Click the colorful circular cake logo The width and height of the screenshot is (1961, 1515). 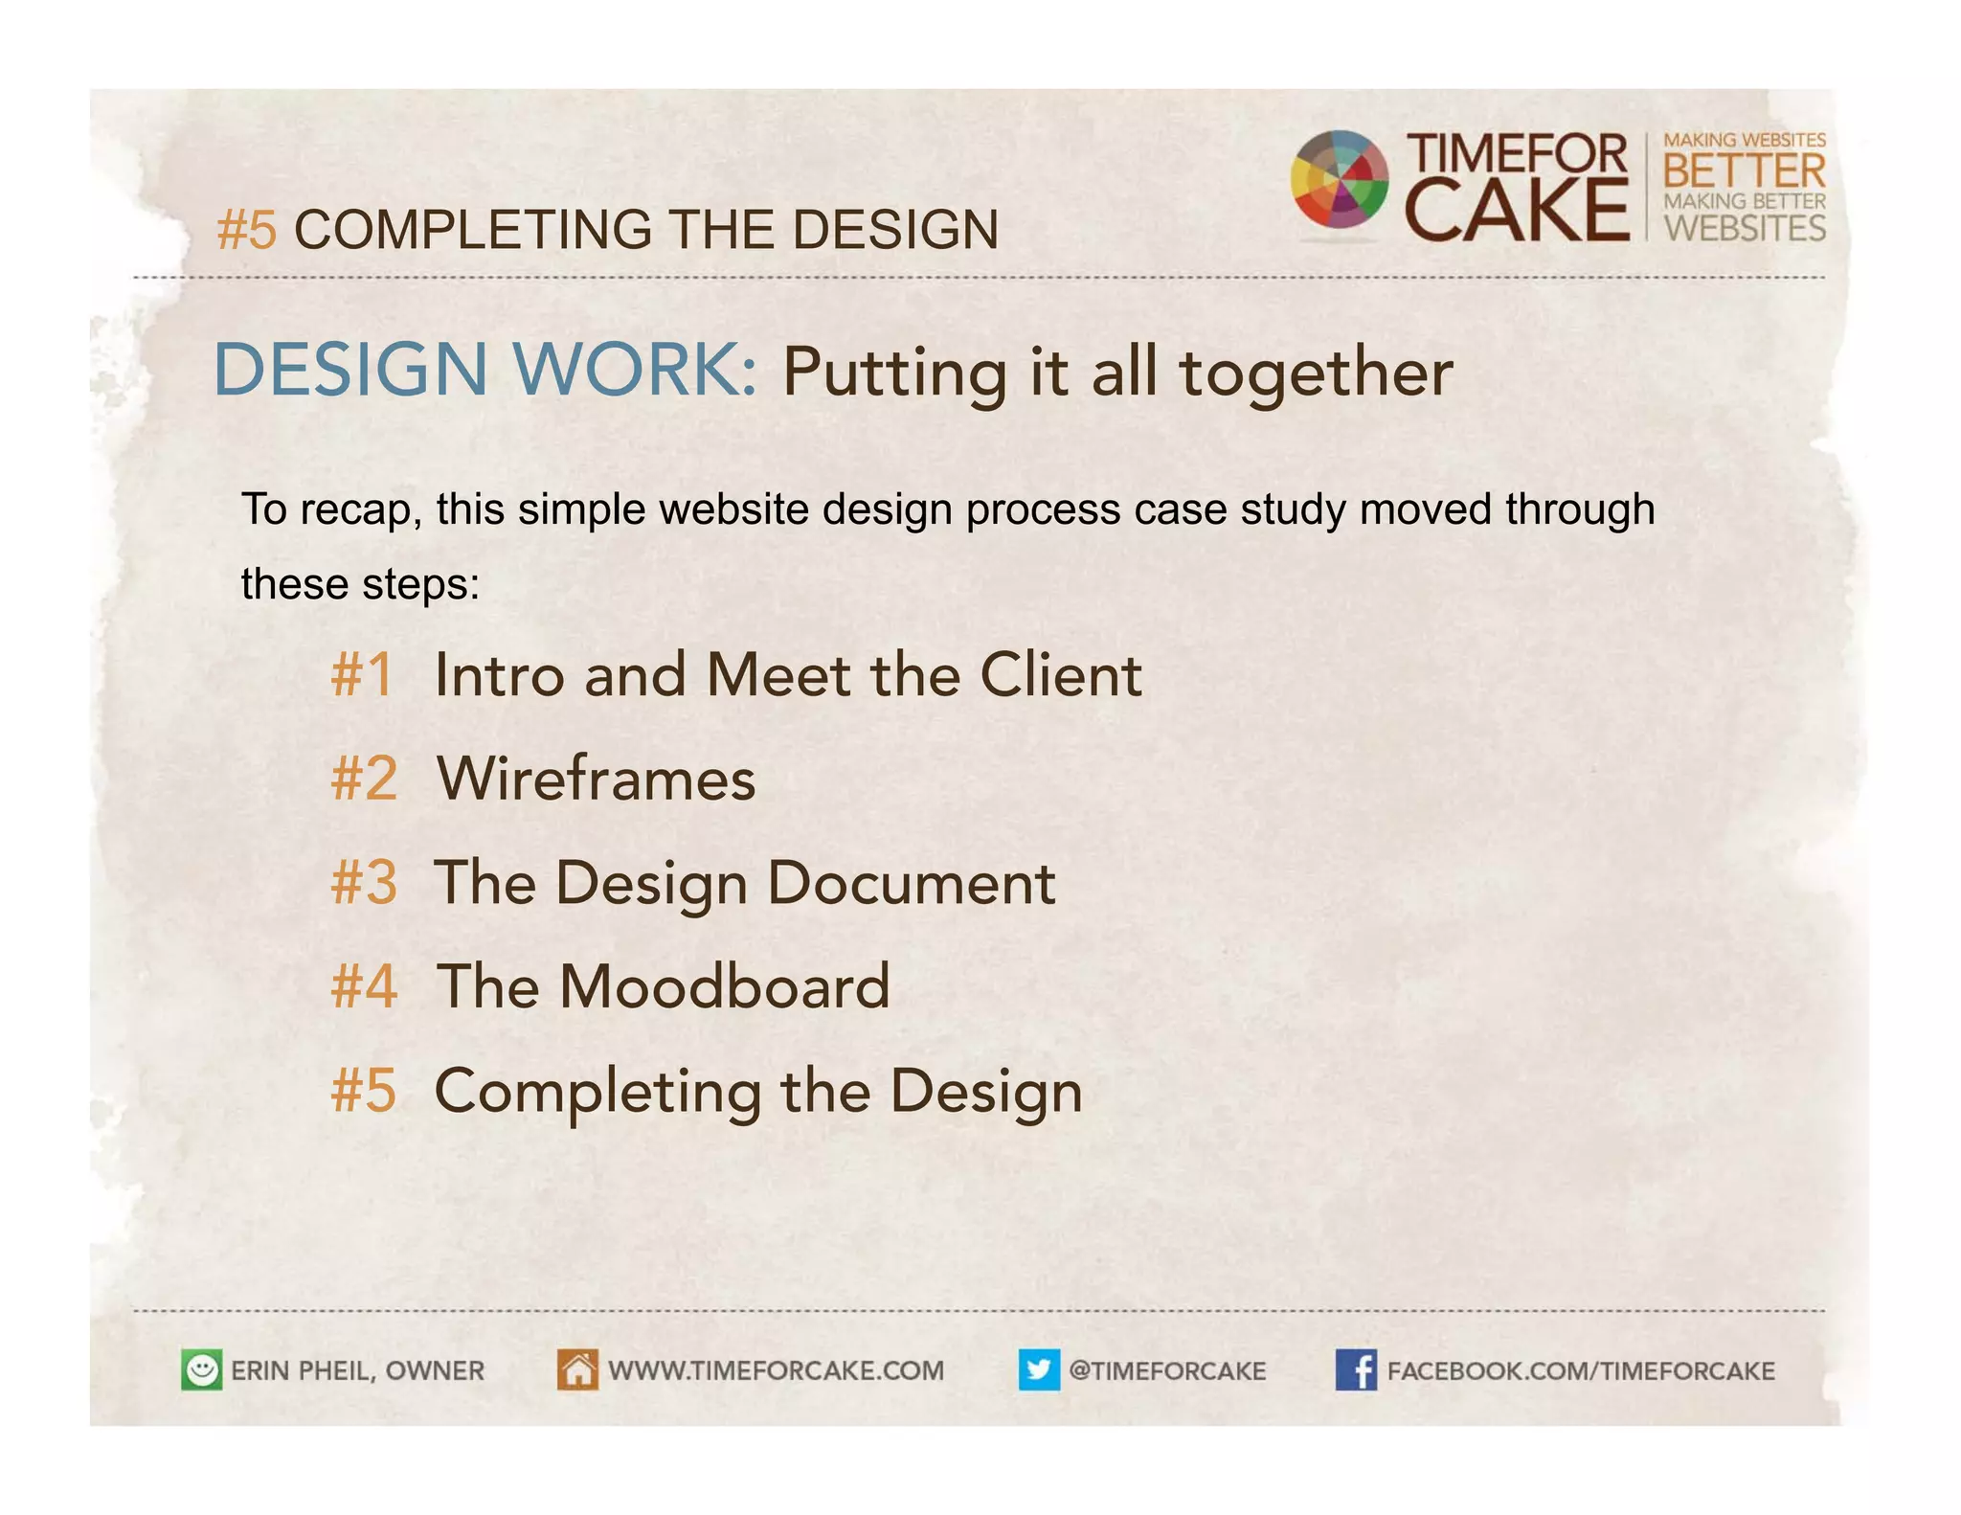(1339, 180)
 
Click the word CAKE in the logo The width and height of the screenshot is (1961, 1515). (1516, 211)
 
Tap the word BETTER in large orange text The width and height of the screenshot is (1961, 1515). (1744, 172)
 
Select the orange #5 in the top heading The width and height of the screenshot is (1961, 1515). (247, 231)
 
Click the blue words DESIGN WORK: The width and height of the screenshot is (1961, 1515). (485, 370)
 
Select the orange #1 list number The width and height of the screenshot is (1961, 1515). (362, 674)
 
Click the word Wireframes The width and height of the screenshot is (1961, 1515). (596, 779)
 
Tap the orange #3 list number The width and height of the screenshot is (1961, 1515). (363, 882)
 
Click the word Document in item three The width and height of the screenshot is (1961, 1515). (911, 882)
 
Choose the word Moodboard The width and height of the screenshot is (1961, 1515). (724, 986)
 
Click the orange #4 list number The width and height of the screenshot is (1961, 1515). (363, 986)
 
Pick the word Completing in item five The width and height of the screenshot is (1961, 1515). (597, 1092)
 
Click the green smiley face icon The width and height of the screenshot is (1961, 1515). (201, 1369)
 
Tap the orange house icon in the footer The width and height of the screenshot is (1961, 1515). (577, 1369)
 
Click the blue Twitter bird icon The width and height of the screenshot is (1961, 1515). (1039, 1369)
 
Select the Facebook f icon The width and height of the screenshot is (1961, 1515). (1356, 1369)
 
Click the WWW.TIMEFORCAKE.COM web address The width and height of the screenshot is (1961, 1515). (776, 1370)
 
